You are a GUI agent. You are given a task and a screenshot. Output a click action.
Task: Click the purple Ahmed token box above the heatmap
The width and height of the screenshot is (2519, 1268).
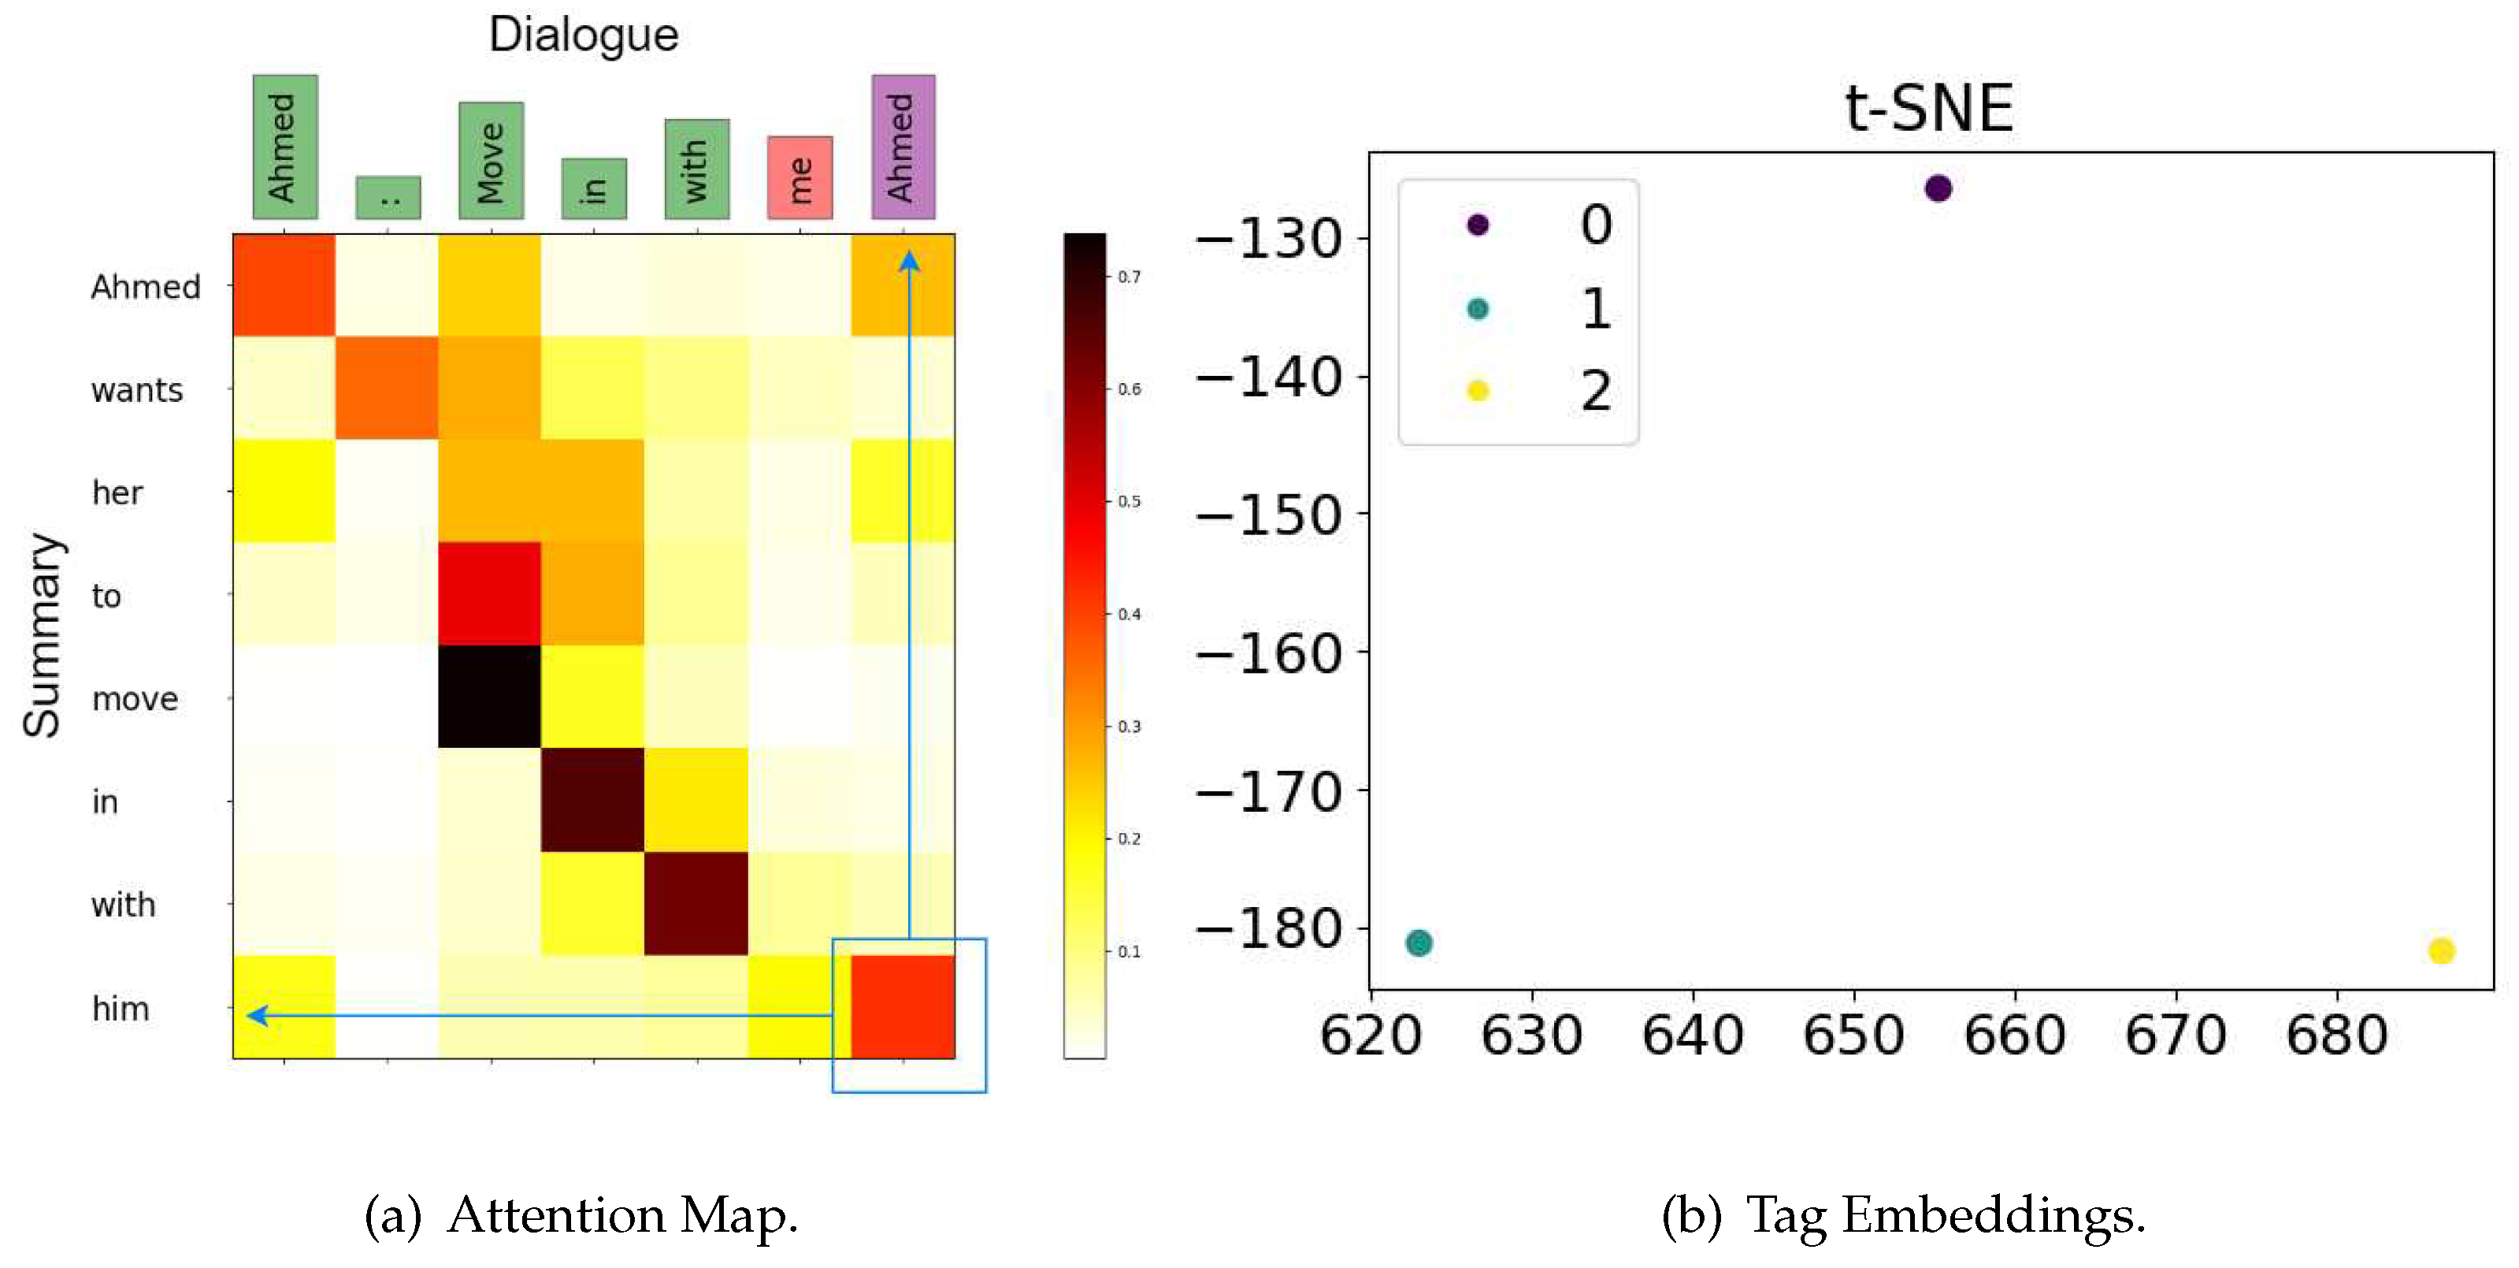pos(903,147)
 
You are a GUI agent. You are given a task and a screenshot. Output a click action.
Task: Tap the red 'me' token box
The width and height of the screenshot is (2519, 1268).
pos(800,177)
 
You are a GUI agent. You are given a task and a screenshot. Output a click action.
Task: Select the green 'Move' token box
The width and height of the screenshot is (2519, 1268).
pos(491,161)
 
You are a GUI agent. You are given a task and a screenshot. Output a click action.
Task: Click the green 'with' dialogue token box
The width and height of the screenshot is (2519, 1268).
pos(696,169)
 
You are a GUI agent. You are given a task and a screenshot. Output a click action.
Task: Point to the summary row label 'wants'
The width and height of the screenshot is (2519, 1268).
pos(137,390)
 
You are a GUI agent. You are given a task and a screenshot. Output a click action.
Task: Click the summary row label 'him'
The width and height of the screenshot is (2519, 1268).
pos(121,1009)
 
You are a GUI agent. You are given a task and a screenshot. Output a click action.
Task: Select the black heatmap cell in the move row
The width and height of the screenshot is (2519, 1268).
pos(489,697)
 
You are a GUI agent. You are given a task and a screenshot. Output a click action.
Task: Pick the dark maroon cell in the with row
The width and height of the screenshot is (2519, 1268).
pos(696,903)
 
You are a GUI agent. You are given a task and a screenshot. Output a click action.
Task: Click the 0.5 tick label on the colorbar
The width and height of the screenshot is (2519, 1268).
pos(1130,502)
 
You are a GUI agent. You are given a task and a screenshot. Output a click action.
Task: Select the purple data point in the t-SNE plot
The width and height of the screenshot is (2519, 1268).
pos(1937,188)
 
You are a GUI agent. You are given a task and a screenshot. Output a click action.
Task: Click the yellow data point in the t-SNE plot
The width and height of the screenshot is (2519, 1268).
pos(2441,950)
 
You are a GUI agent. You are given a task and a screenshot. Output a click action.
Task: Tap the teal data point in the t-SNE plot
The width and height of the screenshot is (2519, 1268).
pos(1418,943)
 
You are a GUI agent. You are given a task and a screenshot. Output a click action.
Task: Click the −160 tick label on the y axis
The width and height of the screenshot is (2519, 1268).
pos(1269,653)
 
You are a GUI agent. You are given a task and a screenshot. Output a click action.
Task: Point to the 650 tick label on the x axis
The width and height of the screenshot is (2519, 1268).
pos(1853,1036)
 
